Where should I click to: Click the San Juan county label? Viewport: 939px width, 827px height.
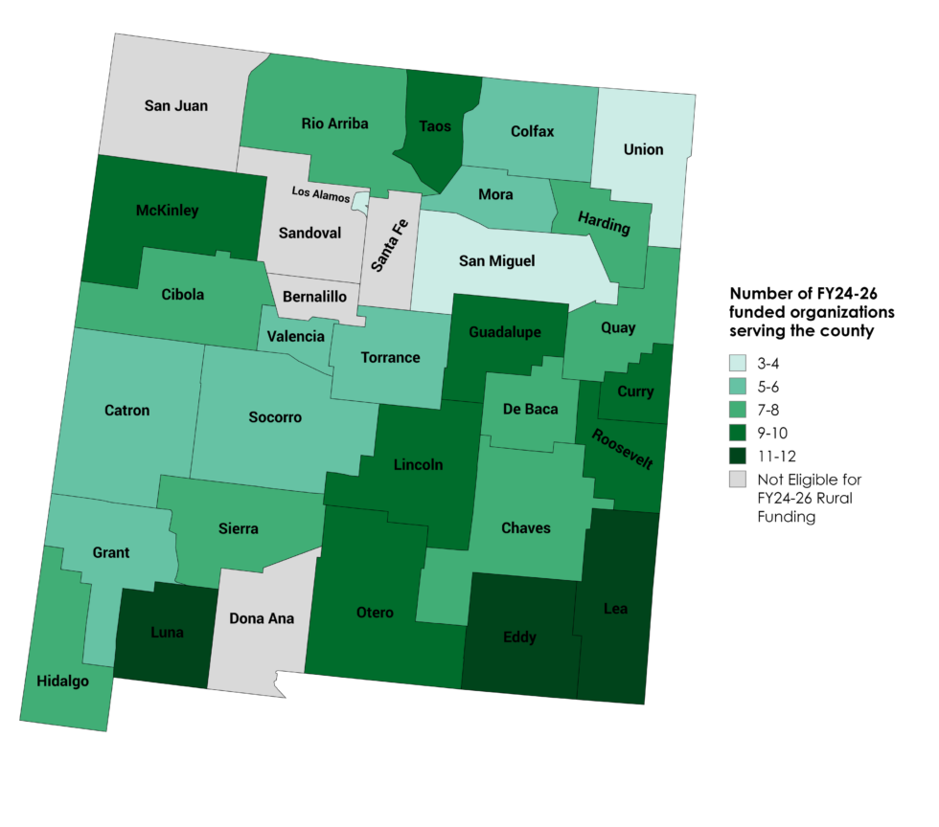pos(176,105)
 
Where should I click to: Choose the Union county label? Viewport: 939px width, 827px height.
pos(642,149)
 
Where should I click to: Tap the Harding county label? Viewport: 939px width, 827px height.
pos(604,225)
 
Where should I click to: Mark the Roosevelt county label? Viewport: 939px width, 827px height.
pos(623,449)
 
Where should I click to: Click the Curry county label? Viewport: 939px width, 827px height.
pos(635,391)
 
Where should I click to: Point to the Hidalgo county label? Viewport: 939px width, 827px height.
pos(63,681)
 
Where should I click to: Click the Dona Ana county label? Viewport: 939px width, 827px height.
pos(262,618)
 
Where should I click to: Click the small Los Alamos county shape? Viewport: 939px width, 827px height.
pos(361,201)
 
